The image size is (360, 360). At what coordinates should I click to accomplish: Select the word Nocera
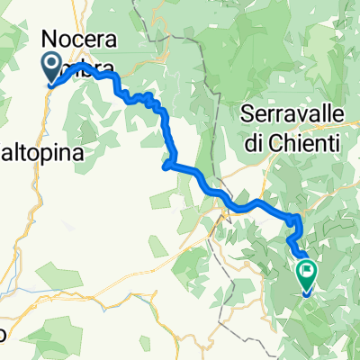click(80, 39)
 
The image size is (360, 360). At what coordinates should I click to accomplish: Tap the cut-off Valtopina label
click(42, 154)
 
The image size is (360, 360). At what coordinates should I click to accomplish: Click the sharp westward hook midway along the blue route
click(165, 164)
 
